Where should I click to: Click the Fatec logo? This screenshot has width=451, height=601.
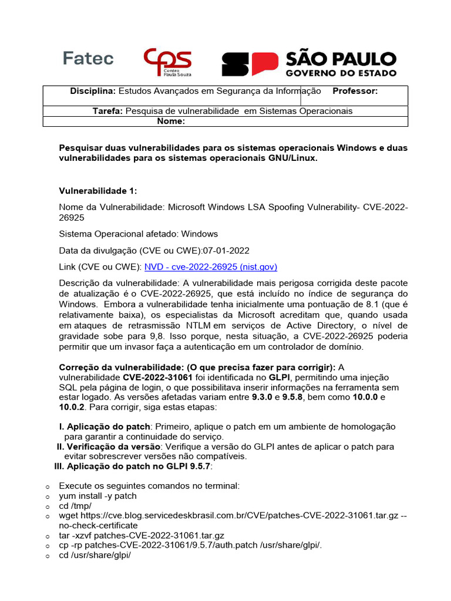click(88, 59)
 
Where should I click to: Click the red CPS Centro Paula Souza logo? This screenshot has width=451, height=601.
click(167, 62)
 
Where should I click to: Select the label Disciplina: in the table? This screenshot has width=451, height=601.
click(93, 91)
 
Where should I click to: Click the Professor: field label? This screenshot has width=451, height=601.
click(355, 91)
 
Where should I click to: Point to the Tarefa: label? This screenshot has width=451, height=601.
click(108, 111)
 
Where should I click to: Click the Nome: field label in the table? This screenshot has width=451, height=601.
click(171, 121)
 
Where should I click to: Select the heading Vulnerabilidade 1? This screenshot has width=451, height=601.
click(98, 191)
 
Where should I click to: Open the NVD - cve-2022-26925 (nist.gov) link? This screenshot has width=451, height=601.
click(210, 266)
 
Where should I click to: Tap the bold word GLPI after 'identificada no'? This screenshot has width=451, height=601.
click(280, 376)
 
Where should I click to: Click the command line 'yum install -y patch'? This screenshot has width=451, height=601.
click(97, 496)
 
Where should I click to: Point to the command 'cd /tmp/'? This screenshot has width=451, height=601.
click(75, 506)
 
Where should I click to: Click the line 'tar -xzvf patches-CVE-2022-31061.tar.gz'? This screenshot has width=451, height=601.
click(142, 536)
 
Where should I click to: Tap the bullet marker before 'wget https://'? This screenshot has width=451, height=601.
click(46, 516)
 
